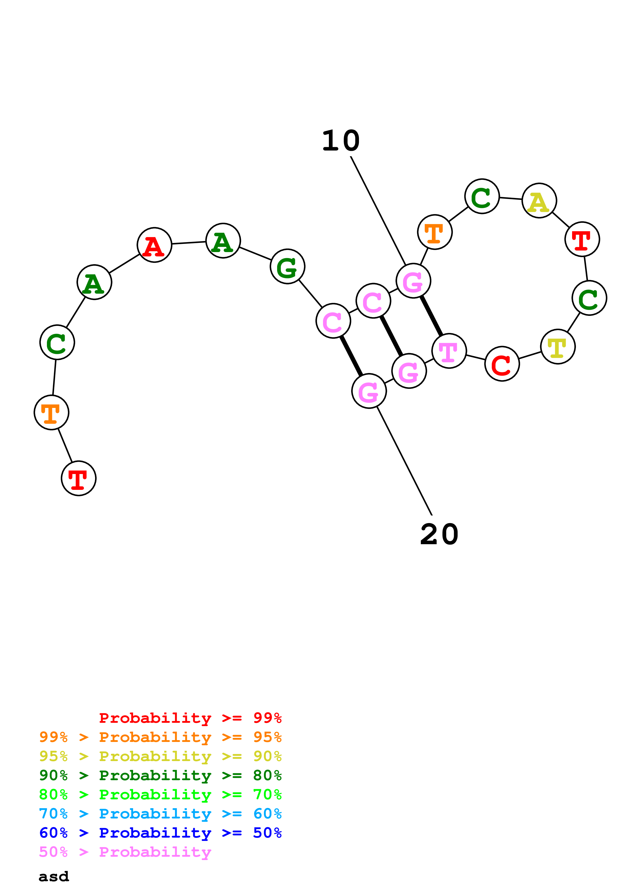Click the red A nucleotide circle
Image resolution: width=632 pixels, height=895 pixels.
pos(154,245)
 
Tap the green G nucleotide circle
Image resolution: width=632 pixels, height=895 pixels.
pos(287,267)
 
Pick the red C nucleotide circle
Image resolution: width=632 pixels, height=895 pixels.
pos(502,364)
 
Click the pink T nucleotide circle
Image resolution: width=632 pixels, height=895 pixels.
pos(449,351)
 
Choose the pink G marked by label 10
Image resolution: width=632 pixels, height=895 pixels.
pos(413,281)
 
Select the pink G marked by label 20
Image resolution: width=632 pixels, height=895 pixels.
pos(369,391)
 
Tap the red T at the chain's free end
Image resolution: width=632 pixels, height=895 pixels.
pos(79,478)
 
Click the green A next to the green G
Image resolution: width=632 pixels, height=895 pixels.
pos(223,241)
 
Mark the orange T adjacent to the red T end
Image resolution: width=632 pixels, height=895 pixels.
pos(51,412)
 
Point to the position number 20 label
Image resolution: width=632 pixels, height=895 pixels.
pos(439,534)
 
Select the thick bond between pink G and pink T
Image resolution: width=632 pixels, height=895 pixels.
pos(431,316)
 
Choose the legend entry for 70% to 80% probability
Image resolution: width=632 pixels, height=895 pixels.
pos(160,794)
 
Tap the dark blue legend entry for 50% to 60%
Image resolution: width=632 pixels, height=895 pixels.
pos(160,833)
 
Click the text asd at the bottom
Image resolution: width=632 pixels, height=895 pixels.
pos(54,877)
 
